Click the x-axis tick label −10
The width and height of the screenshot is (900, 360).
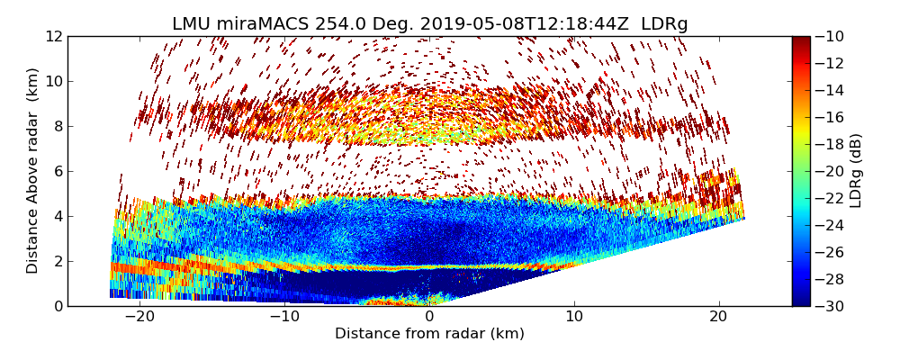pyautogui.click(x=283, y=317)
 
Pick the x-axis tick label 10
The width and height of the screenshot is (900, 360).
pyautogui.click(x=574, y=317)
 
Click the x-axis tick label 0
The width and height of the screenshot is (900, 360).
pyautogui.click(x=429, y=317)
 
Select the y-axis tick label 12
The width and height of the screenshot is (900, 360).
pyautogui.click(x=54, y=36)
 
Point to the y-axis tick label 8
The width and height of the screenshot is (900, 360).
pyautogui.click(x=58, y=126)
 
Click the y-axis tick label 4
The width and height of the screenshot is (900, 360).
pyautogui.click(x=58, y=216)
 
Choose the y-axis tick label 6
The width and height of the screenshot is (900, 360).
pyautogui.click(x=58, y=171)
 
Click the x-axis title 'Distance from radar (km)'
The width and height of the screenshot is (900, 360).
pyautogui.click(x=429, y=334)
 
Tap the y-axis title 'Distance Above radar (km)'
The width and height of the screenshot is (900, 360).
pyautogui.click(x=32, y=171)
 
